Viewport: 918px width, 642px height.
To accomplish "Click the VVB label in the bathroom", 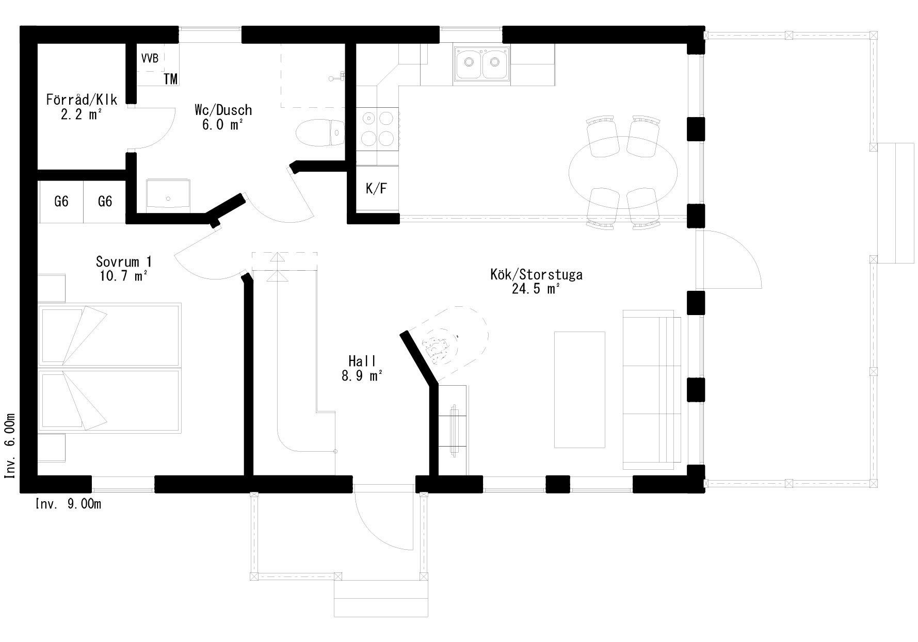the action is [150, 58].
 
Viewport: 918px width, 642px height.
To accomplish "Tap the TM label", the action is [171, 79].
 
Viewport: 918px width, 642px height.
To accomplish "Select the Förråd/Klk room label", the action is [82, 100].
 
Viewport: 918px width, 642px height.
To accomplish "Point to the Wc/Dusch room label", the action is [223, 110].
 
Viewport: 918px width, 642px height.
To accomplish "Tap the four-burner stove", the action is [377, 128].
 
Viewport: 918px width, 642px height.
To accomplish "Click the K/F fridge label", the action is [376, 189].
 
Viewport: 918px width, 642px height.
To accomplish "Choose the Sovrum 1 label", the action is [124, 261].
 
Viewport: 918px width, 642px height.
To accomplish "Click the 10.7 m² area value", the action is [124, 276].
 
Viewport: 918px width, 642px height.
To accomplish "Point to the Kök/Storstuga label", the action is [537, 274].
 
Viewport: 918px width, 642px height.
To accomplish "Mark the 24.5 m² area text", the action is [536, 289].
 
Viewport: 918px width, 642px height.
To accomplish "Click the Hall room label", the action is [362, 361].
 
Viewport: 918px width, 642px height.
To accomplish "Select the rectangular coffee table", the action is [579, 390].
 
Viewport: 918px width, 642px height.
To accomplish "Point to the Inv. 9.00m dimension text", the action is [68, 504].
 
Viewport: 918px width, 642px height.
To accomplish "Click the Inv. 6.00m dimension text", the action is [10, 446].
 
